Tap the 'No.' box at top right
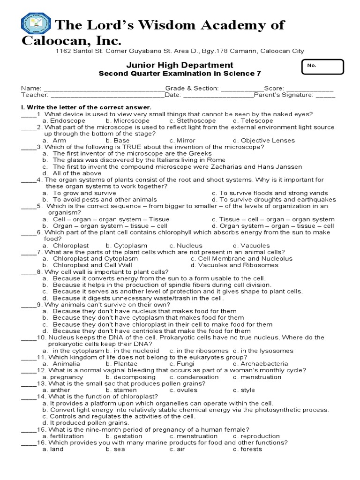323,67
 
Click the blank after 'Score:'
310,88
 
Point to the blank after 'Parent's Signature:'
325,95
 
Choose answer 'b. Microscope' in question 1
126,120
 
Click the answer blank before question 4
28,180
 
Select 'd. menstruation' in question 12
257,377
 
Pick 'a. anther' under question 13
54,390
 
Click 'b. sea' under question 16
115,449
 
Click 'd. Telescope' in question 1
253,120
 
